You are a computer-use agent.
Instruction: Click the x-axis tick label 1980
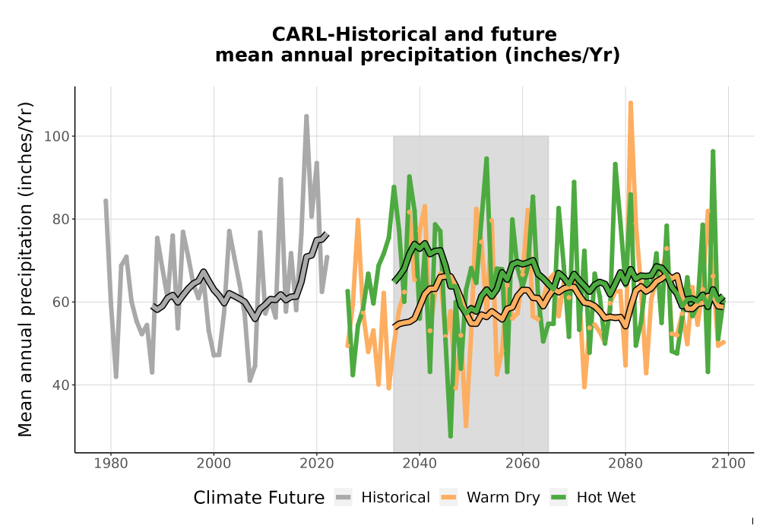point(110,464)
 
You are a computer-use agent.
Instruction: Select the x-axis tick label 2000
point(214,464)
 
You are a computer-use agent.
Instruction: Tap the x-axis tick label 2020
point(316,464)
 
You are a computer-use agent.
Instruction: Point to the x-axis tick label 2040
point(420,464)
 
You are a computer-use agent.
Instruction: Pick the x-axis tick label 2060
point(523,464)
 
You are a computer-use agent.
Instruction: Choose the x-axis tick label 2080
point(625,464)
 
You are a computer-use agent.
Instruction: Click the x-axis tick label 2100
point(728,464)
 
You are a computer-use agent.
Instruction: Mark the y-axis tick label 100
point(57,136)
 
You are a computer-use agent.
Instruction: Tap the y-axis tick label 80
point(61,220)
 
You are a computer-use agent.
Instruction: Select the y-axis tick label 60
point(61,302)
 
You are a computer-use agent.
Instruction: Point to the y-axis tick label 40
point(61,385)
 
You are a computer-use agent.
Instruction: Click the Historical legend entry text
point(395,498)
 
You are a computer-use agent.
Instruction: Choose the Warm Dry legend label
point(503,498)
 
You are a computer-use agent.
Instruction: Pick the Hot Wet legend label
point(606,498)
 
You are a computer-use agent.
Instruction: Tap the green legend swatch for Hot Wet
point(559,498)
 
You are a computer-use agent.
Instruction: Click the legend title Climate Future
point(259,498)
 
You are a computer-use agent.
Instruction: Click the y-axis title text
point(24,269)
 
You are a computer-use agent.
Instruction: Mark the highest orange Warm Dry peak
point(631,103)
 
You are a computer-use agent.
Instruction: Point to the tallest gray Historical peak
point(306,116)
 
